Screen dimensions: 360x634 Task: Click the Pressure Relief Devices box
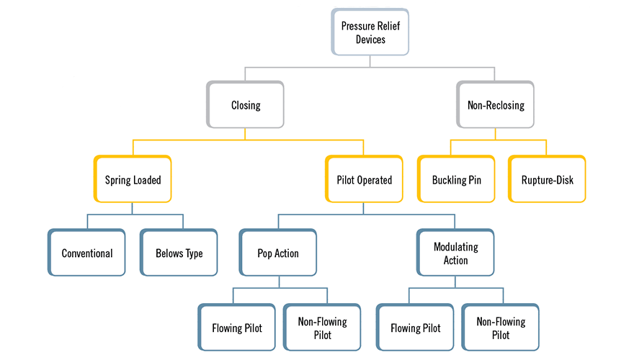tap(370, 32)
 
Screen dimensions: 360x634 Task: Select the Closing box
tap(246, 105)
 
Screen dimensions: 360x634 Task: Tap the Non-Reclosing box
tap(496, 105)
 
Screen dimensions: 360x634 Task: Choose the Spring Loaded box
tap(133, 179)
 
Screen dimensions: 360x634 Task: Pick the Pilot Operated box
tap(364, 179)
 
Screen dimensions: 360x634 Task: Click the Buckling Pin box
tap(456, 179)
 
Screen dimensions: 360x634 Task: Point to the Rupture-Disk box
tap(548, 179)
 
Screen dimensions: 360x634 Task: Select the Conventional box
tap(87, 253)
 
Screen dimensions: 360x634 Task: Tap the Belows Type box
tap(179, 253)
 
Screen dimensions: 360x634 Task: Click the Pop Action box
tap(278, 253)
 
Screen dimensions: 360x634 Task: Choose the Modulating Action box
tap(456, 253)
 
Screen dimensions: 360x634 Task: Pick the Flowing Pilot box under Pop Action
tap(237, 328)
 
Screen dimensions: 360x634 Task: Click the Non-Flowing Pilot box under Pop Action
tap(323, 328)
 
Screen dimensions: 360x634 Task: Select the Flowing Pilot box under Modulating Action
tap(416, 328)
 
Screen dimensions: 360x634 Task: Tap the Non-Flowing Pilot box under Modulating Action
tap(501, 328)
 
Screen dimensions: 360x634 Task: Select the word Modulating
tap(456, 247)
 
